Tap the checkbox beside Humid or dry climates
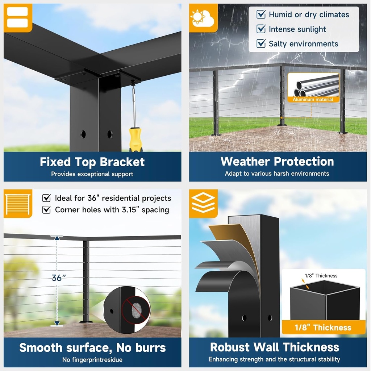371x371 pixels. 261,14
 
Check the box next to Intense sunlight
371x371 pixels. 261,29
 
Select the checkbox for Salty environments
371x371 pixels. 261,43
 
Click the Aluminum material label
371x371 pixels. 313,100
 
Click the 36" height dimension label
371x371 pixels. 59,278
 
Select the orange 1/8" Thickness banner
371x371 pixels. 323,327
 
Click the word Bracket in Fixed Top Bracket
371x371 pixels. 122,162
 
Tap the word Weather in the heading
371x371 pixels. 245,162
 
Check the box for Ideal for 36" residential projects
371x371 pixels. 46,198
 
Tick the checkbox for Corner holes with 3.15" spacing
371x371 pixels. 46,209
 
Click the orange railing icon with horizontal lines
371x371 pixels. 18,204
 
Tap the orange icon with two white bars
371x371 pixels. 18,18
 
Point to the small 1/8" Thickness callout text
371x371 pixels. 321,276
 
